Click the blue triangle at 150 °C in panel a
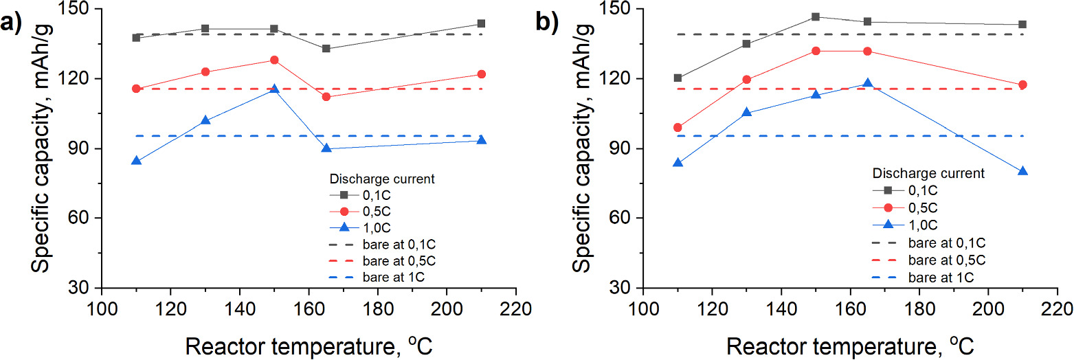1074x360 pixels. point(274,89)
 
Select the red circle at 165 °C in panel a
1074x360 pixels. point(326,97)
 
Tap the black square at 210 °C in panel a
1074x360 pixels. point(481,23)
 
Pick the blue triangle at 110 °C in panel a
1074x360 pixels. point(136,161)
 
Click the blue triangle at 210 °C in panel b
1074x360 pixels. point(1022,171)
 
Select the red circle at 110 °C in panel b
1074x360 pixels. point(678,127)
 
